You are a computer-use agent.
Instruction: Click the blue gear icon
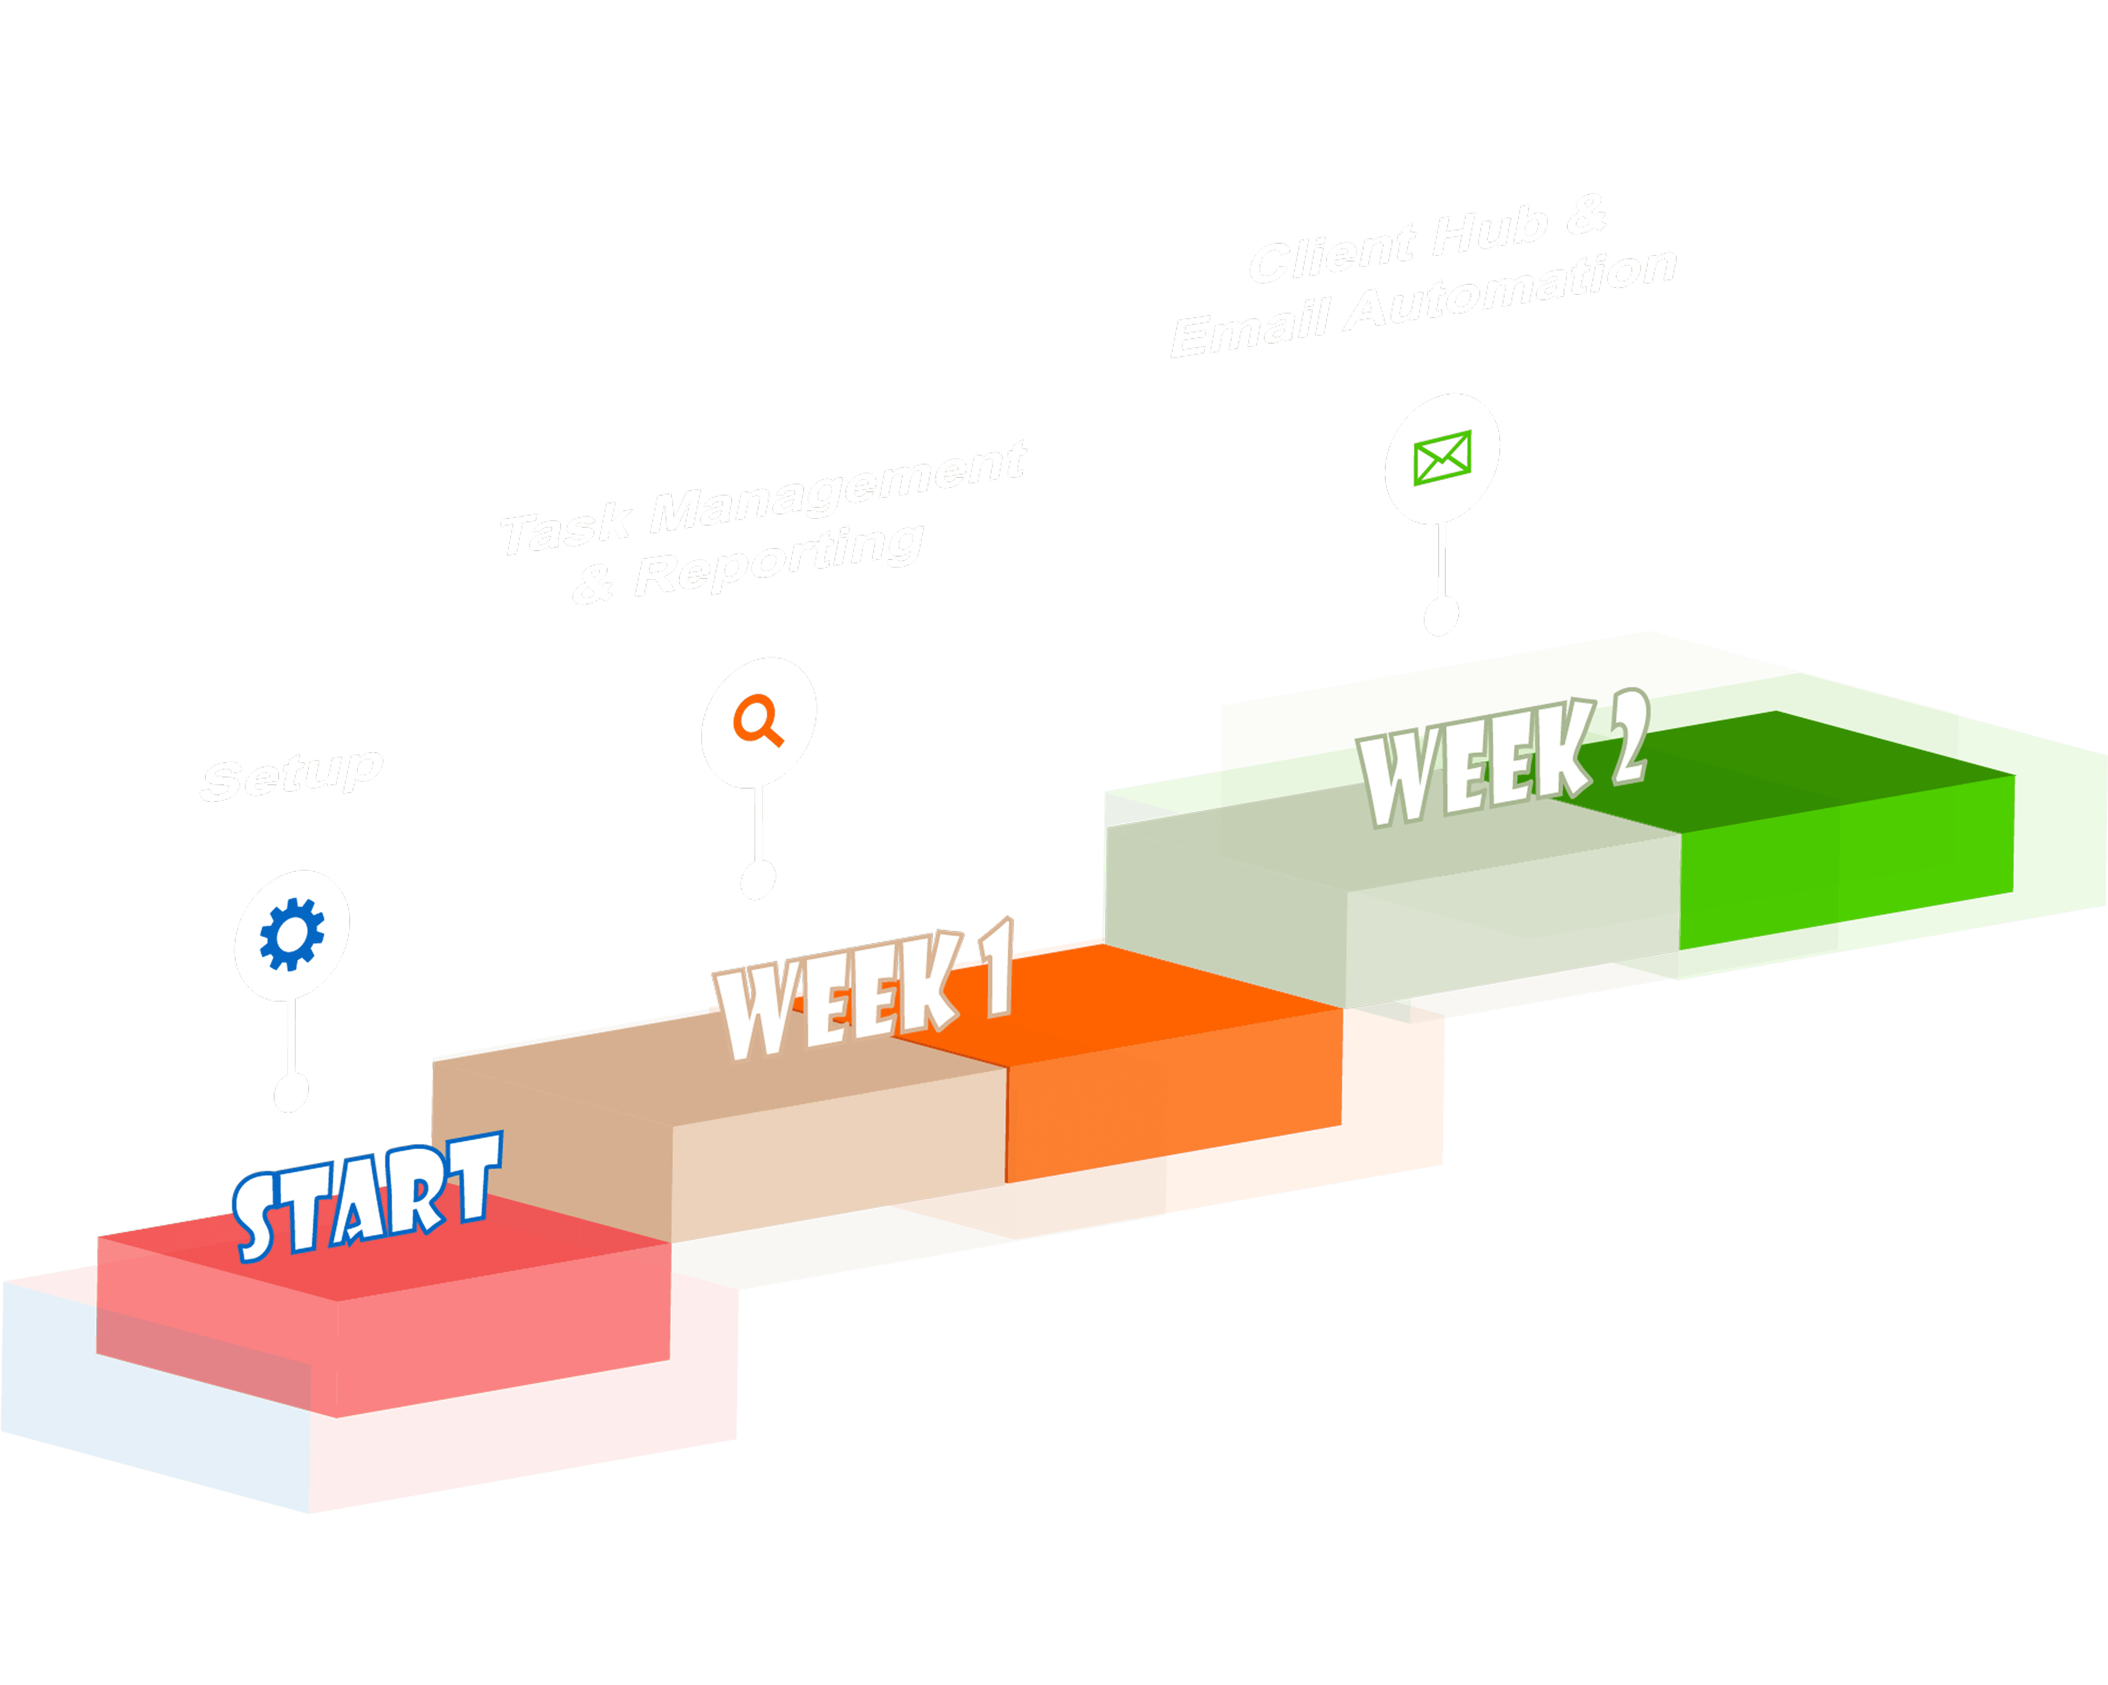[x=291, y=934]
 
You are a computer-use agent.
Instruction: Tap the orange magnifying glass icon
[x=758, y=721]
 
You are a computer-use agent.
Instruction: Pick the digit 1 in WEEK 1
[x=997, y=967]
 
